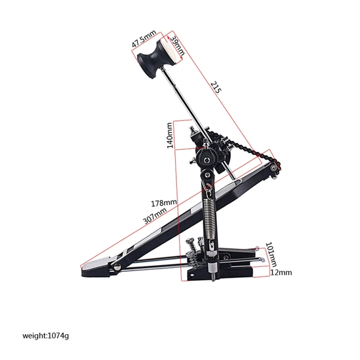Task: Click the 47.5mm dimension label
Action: coord(144,42)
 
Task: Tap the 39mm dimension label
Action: coord(178,45)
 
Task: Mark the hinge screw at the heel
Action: coord(117,269)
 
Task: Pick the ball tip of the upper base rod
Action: coord(256,247)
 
